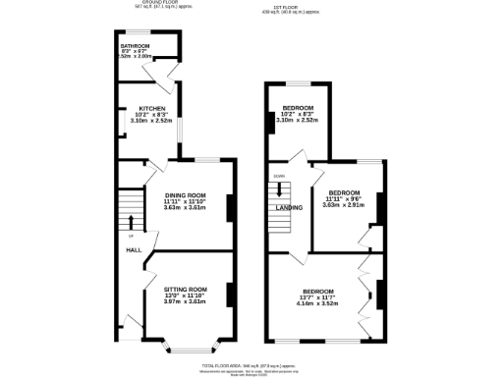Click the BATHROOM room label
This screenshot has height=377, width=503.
[x=135, y=46]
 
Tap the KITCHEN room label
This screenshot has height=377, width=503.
[x=151, y=108]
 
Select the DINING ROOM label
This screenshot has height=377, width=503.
[x=184, y=195]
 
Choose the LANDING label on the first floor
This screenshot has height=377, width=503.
[x=288, y=208]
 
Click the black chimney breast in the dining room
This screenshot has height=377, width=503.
[x=229, y=208]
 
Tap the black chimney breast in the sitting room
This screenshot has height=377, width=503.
[x=229, y=295]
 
